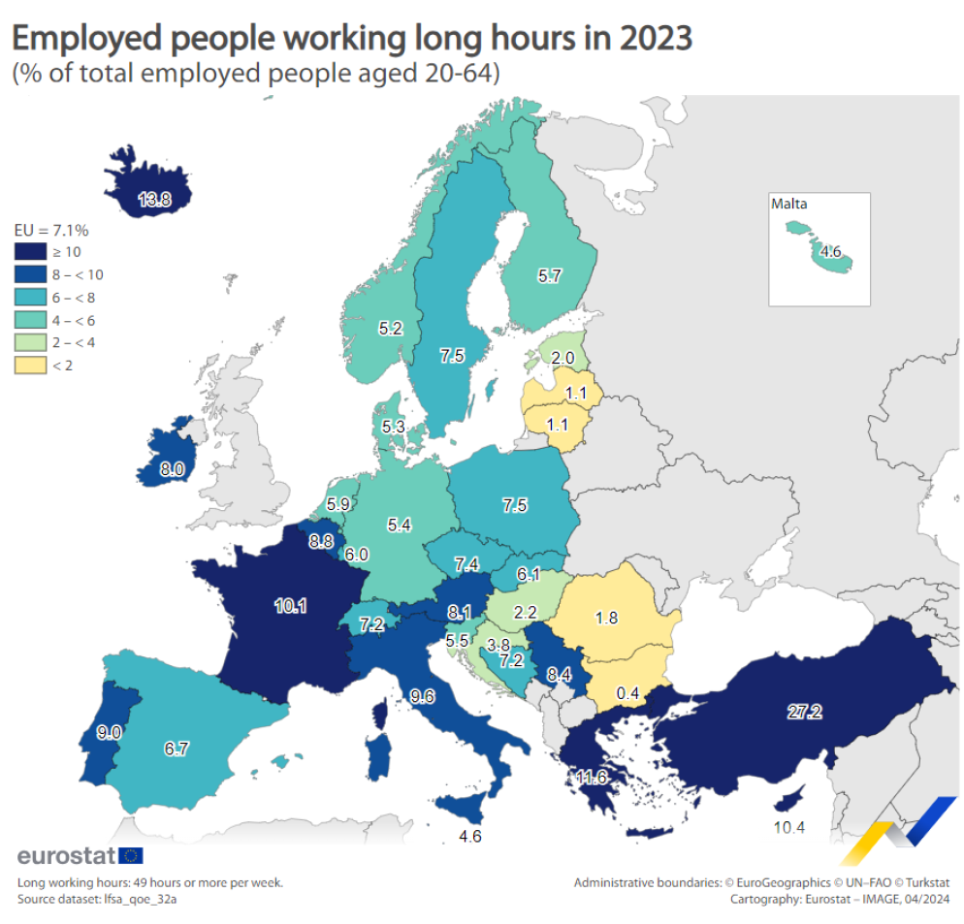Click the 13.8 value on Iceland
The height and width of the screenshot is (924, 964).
(154, 201)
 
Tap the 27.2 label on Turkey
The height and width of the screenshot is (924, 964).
(804, 713)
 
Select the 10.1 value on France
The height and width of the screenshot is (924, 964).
(290, 606)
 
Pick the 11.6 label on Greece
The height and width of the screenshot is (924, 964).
(591, 777)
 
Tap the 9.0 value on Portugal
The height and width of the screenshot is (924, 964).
(109, 733)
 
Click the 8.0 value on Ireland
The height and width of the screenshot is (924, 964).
(173, 469)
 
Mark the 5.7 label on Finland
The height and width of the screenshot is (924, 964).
(550, 276)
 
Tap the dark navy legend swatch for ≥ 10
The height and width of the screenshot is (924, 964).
(28, 251)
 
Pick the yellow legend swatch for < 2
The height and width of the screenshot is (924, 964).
(28, 365)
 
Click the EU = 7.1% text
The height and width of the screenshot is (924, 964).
(50, 230)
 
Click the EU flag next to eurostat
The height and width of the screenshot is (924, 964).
(131, 855)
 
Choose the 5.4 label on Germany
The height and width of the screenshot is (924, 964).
(400, 525)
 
